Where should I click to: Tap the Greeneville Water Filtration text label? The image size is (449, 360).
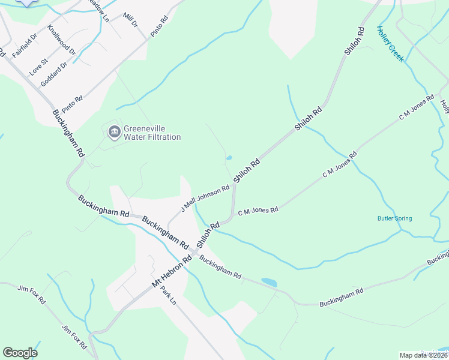(152, 133)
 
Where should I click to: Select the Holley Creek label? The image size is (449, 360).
(391, 44)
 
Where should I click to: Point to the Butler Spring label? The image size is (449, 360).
(394, 218)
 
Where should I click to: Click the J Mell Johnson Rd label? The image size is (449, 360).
(206, 199)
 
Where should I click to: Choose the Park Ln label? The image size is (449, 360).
(167, 294)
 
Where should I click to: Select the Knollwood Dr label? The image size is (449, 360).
(62, 40)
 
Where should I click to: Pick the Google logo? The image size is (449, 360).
(20, 353)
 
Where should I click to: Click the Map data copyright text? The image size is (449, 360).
(423, 355)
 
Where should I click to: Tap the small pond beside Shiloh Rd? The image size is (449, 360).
(229, 159)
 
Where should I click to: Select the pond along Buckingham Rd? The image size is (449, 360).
(269, 282)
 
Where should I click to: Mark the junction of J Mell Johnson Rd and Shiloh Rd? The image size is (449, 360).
(234, 184)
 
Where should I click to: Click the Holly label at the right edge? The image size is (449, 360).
(445, 107)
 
